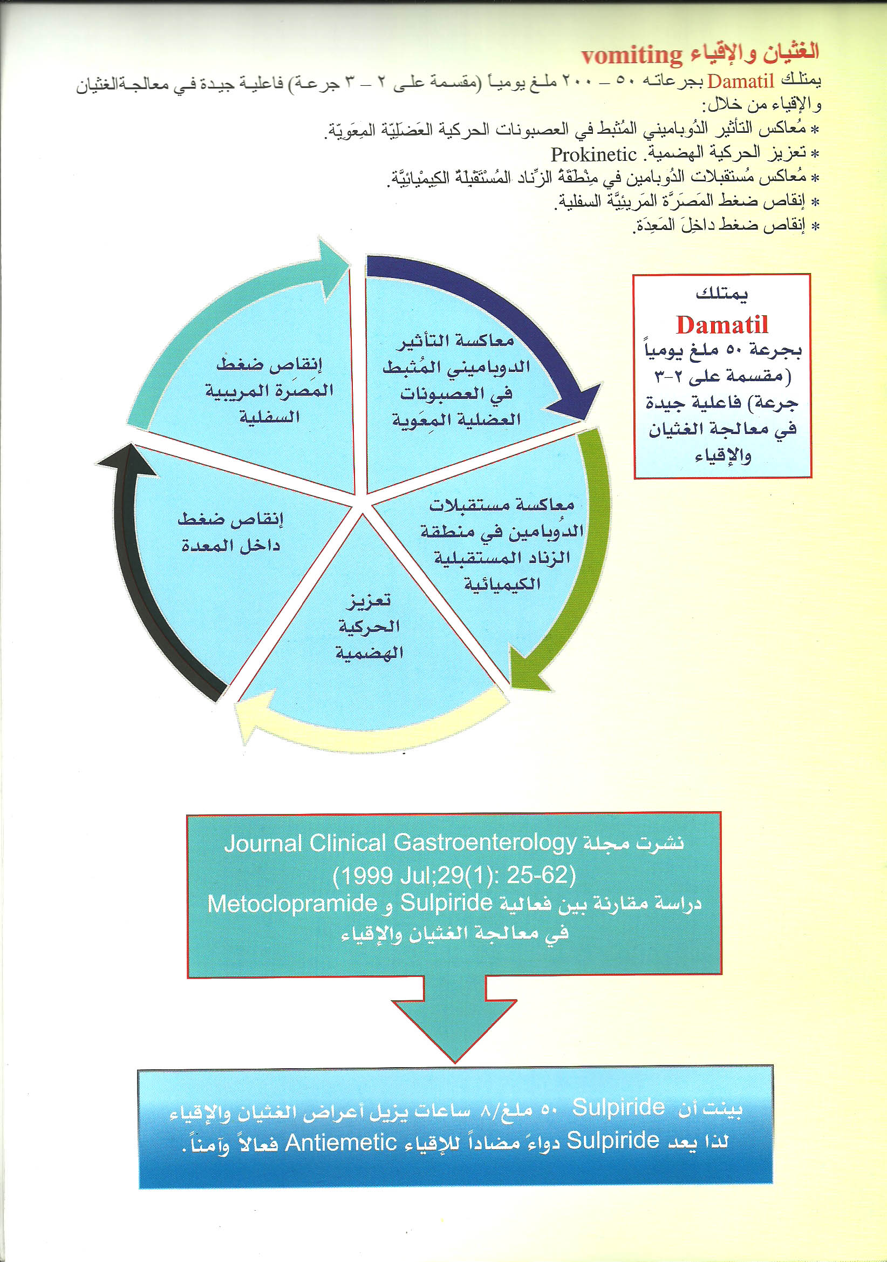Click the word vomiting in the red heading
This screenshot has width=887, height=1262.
[631, 56]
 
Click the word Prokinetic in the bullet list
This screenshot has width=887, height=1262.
[593, 155]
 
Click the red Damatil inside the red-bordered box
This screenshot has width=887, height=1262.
[721, 325]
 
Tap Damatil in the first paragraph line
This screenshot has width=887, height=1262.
[740, 82]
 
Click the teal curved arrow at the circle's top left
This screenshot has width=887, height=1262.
[231, 308]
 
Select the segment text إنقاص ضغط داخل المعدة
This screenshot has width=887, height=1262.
[230, 532]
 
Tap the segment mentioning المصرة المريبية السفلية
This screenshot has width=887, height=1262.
[269, 390]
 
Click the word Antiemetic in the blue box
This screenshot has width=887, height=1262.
[341, 1142]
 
